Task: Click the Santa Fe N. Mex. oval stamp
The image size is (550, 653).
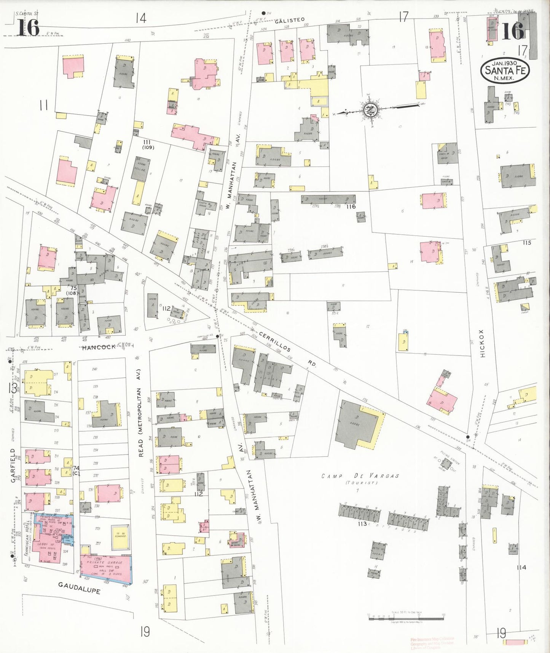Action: click(x=505, y=70)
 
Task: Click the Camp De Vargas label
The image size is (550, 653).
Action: click(x=360, y=476)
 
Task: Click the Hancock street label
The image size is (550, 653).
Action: click(x=99, y=347)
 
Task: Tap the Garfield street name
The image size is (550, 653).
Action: click(x=13, y=466)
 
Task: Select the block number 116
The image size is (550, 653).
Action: click(x=351, y=206)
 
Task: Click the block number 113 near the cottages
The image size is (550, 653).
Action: click(x=362, y=524)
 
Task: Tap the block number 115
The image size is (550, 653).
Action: click(x=527, y=243)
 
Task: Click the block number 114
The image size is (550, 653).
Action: click(x=521, y=567)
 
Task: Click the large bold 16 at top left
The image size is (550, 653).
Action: click(x=28, y=28)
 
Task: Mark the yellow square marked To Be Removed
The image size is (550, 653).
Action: click(x=121, y=534)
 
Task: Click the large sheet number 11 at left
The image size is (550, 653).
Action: click(x=43, y=105)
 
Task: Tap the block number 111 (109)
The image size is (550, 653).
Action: click(x=147, y=144)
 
